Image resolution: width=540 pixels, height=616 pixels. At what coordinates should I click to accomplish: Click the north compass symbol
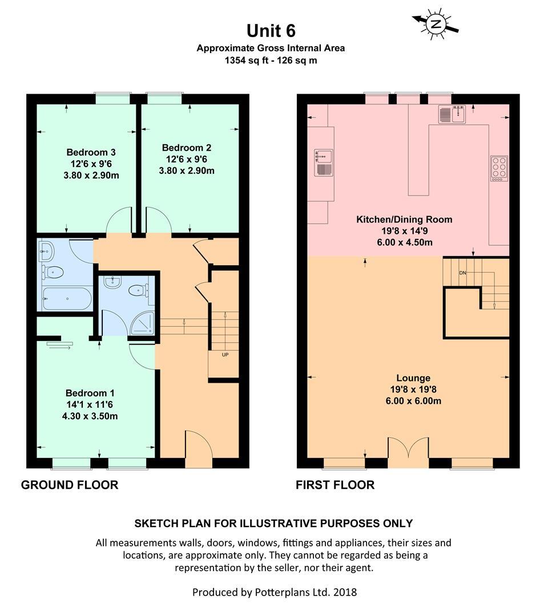(x=436, y=24)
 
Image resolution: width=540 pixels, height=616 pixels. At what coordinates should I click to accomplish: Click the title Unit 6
(x=271, y=30)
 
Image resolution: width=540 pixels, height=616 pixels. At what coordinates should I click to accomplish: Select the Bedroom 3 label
(x=91, y=152)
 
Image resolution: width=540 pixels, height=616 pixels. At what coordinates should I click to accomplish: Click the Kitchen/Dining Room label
(x=404, y=219)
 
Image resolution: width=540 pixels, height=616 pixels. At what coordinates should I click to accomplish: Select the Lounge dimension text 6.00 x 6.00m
(x=413, y=401)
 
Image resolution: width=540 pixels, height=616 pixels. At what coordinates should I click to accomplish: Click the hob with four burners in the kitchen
(x=498, y=168)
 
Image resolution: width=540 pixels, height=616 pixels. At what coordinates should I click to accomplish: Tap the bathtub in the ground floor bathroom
(x=64, y=299)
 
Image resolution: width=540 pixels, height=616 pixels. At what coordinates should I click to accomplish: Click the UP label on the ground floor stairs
(x=225, y=354)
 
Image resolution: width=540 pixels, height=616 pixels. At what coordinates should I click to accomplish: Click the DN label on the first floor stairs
(x=462, y=273)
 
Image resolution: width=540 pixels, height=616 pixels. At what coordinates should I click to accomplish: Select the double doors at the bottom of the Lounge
(x=408, y=451)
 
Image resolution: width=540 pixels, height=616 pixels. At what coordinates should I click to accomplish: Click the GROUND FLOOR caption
(x=70, y=485)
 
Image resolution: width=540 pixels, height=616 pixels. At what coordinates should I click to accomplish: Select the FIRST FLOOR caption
(x=335, y=485)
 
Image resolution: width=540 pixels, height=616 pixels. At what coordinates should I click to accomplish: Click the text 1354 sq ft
(x=246, y=60)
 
